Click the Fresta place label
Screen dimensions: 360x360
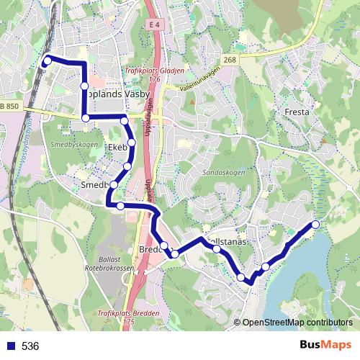pos(297,112)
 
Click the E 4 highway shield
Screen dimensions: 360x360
pos(150,25)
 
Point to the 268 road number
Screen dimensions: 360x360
pos(229,60)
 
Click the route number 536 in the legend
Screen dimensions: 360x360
pos(30,346)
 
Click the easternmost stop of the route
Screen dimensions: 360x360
pos(315,225)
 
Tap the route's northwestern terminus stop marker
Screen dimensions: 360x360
pos(48,60)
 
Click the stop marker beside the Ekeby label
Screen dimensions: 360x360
pos(132,142)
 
